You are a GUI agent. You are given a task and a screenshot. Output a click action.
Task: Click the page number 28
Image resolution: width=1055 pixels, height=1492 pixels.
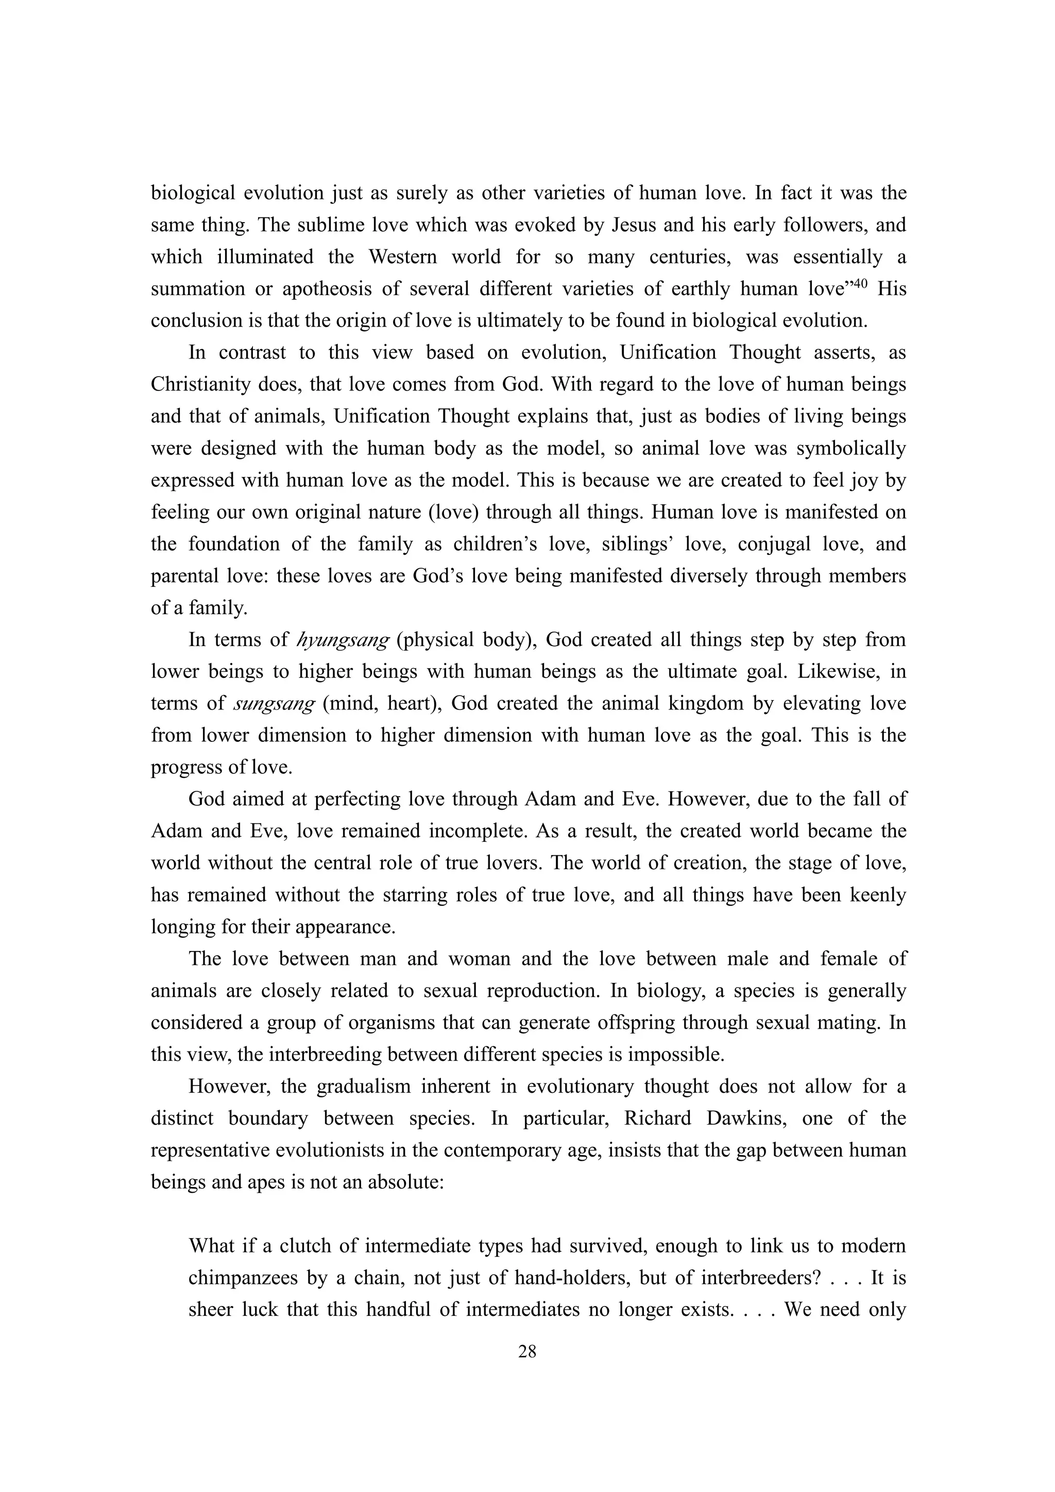click(x=527, y=1352)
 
